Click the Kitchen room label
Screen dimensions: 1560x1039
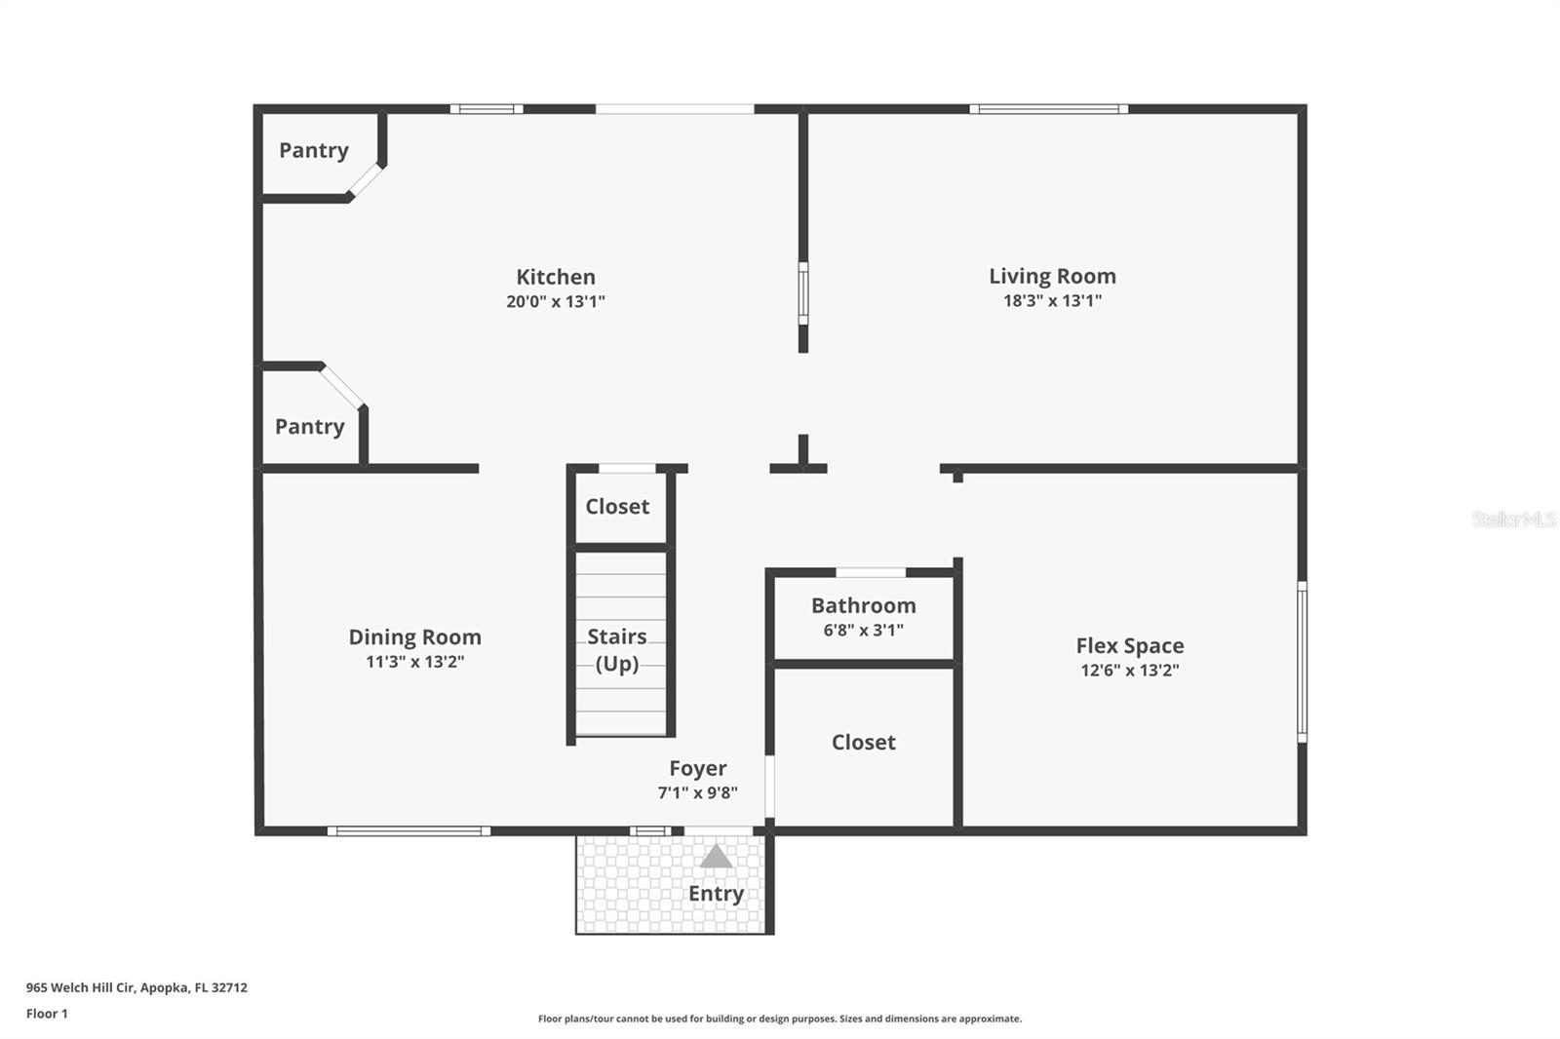point(556,277)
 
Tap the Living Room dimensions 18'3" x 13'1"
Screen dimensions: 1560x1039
point(1052,301)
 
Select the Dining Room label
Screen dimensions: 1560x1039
point(415,637)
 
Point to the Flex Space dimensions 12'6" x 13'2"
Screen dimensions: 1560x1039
point(1130,671)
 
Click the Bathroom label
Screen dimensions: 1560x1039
point(864,606)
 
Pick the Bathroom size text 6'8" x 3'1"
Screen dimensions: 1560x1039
point(864,631)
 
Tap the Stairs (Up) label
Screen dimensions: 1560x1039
point(617,650)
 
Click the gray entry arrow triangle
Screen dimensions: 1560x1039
point(716,857)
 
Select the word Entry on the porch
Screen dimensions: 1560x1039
point(716,894)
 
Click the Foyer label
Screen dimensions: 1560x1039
point(698,768)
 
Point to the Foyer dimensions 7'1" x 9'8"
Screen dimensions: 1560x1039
point(698,792)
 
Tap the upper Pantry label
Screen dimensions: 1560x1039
point(313,150)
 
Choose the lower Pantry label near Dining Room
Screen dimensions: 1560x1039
point(309,427)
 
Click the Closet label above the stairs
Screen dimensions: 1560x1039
point(617,506)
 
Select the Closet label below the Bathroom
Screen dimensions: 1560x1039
point(864,743)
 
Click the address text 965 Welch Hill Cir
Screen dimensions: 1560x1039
point(80,987)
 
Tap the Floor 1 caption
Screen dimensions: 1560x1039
point(48,1014)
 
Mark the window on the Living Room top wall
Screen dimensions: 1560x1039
point(1049,109)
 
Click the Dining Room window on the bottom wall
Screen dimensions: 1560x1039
point(409,830)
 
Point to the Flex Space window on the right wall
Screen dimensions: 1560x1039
point(1302,662)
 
